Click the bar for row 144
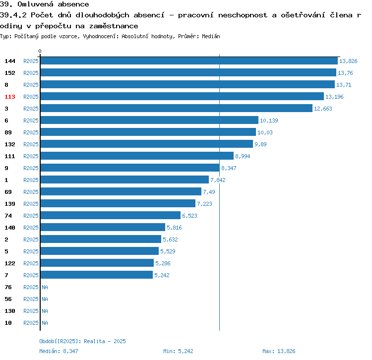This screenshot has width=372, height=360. tap(188, 61)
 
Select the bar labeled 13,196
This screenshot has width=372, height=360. tap(182, 97)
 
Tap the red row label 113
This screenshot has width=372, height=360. tap(10, 97)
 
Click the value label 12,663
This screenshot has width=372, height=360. tap(323, 109)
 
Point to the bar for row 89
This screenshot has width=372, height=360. tap(148, 132)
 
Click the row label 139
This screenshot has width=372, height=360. tap(10, 204)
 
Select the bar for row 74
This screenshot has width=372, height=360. tap(110, 216)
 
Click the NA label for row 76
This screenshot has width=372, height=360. tap(45, 287)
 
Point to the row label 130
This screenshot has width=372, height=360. tap(10, 311)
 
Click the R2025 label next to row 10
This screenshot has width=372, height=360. tap(31, 323)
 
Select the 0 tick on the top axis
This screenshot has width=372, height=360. tap(40, 51)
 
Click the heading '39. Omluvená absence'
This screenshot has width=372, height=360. tap(45, 4)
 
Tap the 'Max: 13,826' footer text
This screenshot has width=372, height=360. tap(279, 351)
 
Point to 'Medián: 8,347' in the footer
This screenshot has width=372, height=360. tap(59, 351)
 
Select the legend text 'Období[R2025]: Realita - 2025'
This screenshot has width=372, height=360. tap(82, 341)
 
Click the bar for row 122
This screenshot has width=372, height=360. tap(97, 263)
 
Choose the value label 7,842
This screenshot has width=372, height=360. tap(218, 180)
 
